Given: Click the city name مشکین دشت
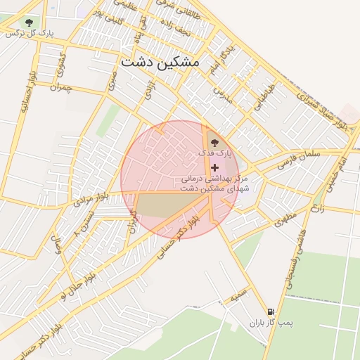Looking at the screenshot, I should pos(160,62).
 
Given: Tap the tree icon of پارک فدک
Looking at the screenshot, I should pos(214,143).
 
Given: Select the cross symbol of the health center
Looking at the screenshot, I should pos(214,167).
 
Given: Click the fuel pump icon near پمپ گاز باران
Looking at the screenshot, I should pos(271,311).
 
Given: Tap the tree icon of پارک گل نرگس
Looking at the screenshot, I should pos(29,22).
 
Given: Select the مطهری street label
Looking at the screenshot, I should pos(286,218).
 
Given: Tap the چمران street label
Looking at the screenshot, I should pos(61,88).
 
